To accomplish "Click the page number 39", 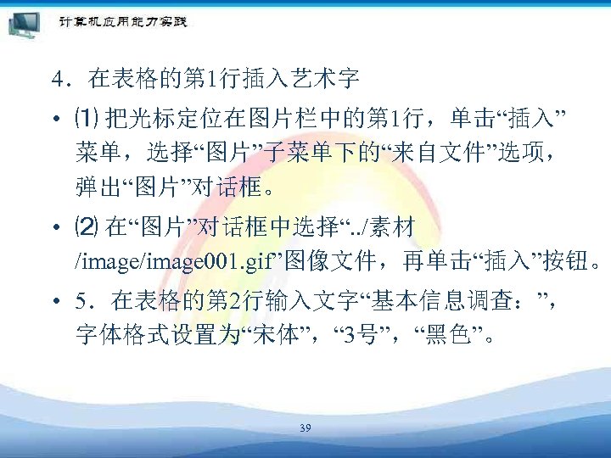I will tap(305, 429).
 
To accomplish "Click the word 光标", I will tap(151, 116).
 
